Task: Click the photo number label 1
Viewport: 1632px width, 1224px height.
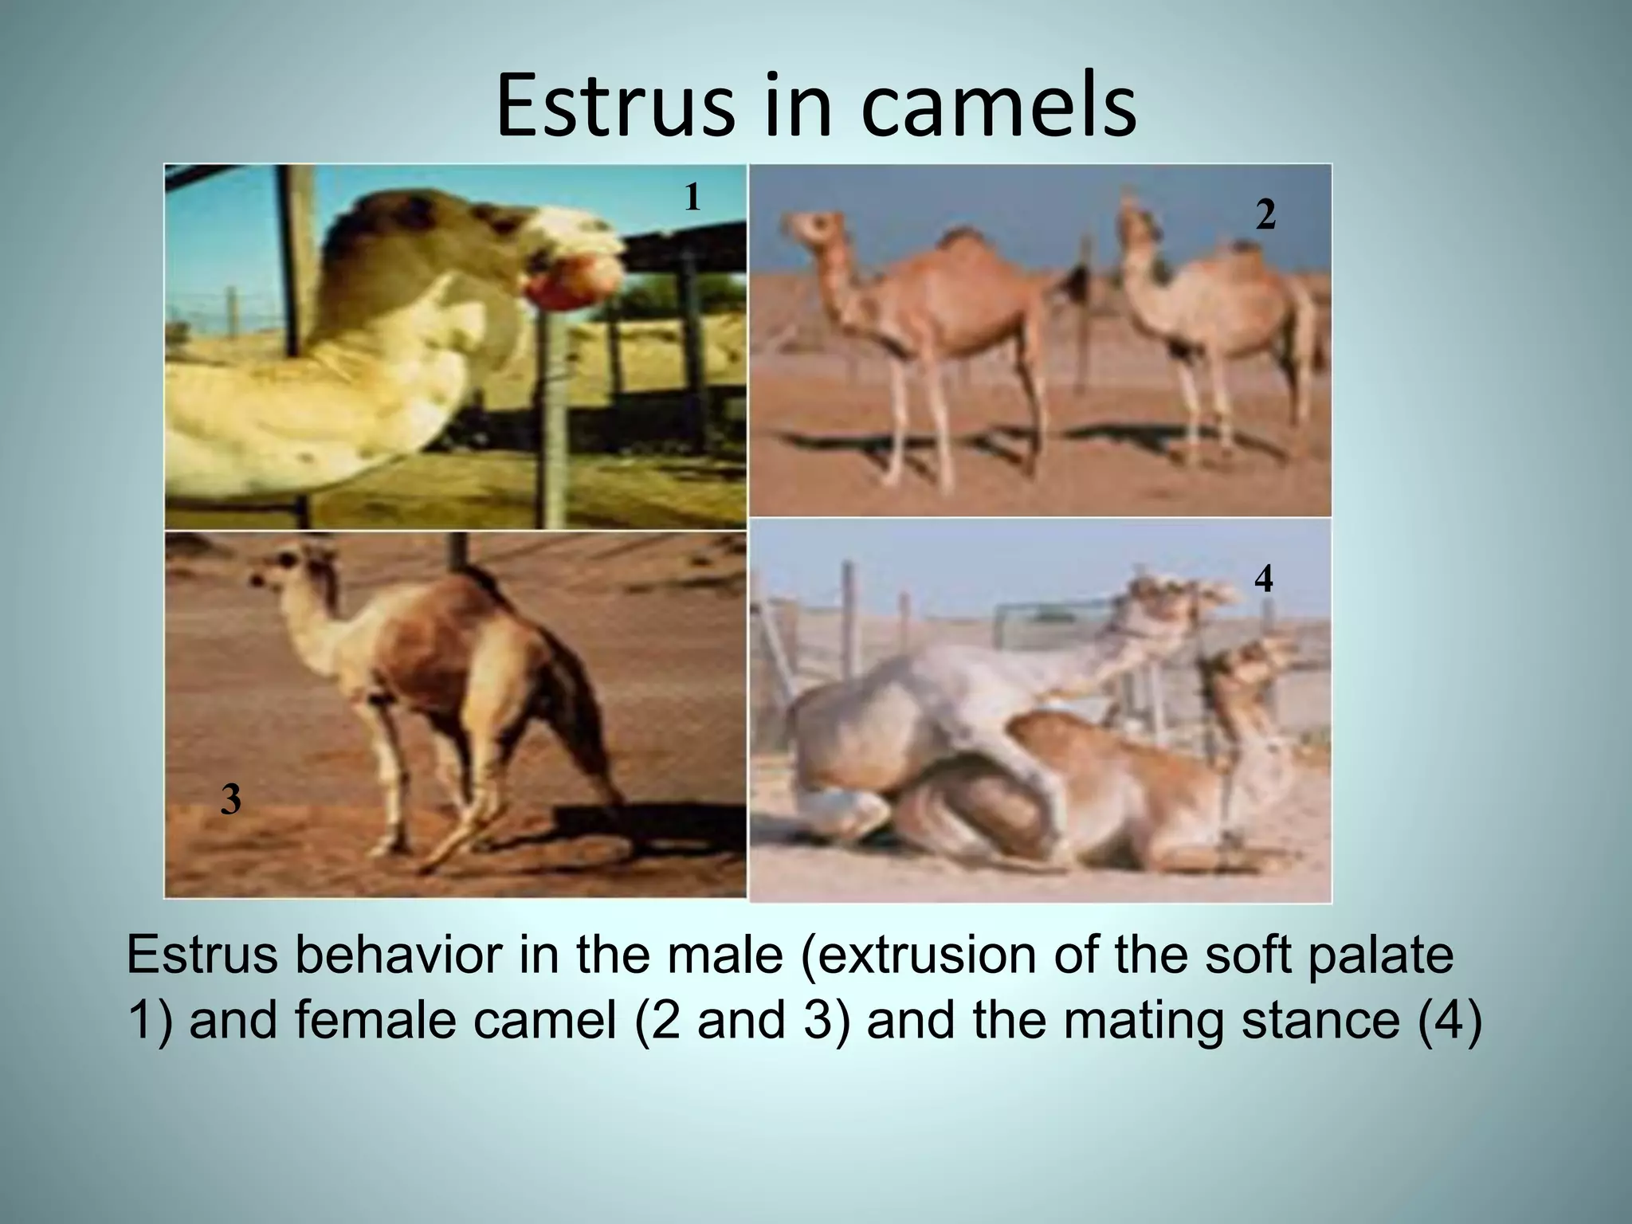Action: (692, 197)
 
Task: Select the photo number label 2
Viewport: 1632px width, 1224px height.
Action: (1265, 214)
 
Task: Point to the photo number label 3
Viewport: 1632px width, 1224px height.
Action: (230, 799)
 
